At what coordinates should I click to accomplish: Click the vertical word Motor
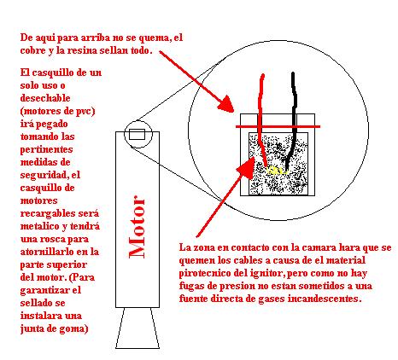pyautogui.click(x=138, y=227)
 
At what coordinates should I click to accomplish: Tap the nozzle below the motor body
pyautogui.click(x=138, y=328)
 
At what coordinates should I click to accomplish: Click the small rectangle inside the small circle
pyautogui.click(x=137, y=134)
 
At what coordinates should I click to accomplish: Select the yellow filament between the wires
pyautogui.click(x=277, y=171)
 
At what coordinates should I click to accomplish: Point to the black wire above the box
pyautogui.click(x=294, y=94)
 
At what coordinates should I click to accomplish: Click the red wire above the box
pyautogui.click(x=260, y=94)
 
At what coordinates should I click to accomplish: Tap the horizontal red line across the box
pyautogui.click(x=278, y=126)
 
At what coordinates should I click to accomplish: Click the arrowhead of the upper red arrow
pyautogui.click(x=226, y=104)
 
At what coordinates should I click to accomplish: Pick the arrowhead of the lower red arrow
pyautogui.click(x=247, y=168)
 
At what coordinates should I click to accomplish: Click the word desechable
pyautogui.click(x=45, y=98)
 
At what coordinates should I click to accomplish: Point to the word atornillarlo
pyautogui.click(x=48, y=252)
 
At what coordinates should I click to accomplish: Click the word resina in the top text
pyautogui.click(x=82, y=50)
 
